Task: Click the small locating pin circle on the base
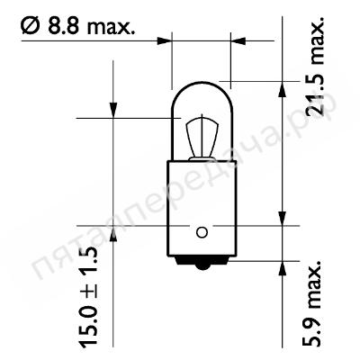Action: click(202, 232)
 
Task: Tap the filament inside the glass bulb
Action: click(202, 137)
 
